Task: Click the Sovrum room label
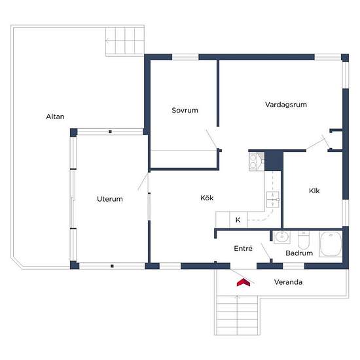click(x=185, y=110)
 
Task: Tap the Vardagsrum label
click(x=286, y=105)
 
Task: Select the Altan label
click(x=55, y=117)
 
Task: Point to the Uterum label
click(x=110, y=199)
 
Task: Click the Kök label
click(x=207, y=198)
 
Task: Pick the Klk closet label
click(x=314, y=190)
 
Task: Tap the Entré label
click(x=243, y=248)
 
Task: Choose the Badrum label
click(x=299, y=253)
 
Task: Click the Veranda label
click(x=288, y=282)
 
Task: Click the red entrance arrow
click(x=243, y=282)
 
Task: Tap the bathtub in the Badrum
click(x=331, y=243)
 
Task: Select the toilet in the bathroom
click(x=304, y=240)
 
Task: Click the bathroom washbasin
click(x=282, y=237)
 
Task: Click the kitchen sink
click(x=273, y=200)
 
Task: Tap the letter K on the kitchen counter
click(x=238, y=220)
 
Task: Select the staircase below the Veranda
click(x=237, y=315)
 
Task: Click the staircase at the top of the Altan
click(x=125, y=41)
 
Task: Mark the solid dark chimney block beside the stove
click(x=274, y=161)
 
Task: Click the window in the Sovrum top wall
click(x=185, y=57)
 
